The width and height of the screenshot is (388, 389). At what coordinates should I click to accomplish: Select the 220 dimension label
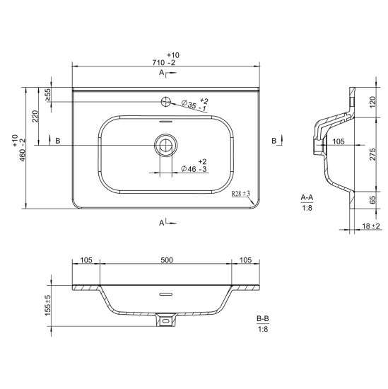point(35,116)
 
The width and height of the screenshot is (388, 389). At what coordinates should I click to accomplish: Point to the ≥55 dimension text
point(48,95)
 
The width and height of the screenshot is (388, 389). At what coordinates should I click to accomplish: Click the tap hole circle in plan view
point(166,101)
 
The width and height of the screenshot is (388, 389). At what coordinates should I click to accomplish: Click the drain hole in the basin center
point(165,145)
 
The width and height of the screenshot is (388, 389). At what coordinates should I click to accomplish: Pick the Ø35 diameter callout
point(194,105)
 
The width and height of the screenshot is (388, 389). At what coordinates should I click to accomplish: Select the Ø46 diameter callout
point(194,166)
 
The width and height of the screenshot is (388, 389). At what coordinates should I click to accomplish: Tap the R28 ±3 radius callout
point(240,194)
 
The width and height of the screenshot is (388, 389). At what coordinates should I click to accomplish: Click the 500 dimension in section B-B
point(167,260)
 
